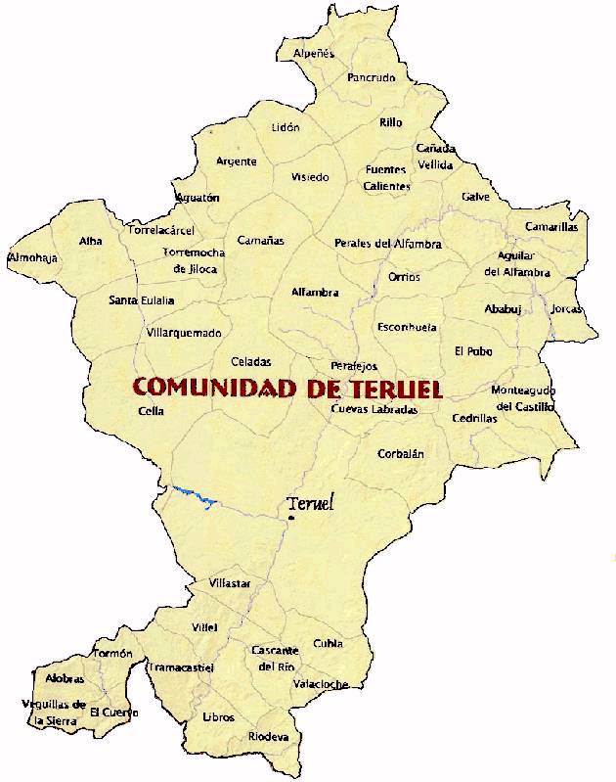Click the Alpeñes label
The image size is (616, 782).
click(x=314, y=53)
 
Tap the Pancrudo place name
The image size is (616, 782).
click(x=371, y=77)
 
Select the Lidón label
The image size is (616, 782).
click(x=286, y=127)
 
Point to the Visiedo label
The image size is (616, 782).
click(x=310, y=177)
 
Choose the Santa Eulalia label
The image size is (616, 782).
click(x=142, y=300)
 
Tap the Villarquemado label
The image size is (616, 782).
click(x=184, y=333)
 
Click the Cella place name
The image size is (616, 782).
click(x=152, y=412)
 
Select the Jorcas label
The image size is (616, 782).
click(x=566, y=309)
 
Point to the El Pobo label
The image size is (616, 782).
click(x=473, y=351)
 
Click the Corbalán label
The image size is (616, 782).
click(x=401, y=454)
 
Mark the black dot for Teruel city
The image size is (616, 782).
click(x=290, y=518)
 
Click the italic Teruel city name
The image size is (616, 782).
click(x=311, y=504)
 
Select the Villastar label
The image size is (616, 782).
click(x=230, y=584)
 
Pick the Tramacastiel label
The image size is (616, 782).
click(x=181, y=667)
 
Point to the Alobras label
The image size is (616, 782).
click(x=65, y=678)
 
